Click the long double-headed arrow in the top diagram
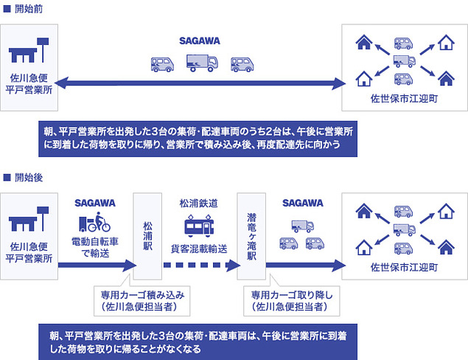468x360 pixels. tap(199, 84)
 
